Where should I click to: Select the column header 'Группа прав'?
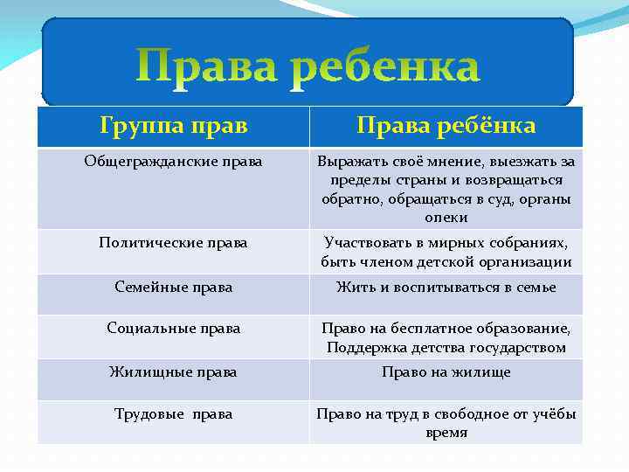[173, 126]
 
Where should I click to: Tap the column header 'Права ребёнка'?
[446, 126]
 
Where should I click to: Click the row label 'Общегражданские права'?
[173, 162]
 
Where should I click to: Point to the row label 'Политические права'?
[173, 242]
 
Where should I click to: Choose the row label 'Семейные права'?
[173, 286]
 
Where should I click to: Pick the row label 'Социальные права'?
[173, 328]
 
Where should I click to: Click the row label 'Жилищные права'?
[173, 371]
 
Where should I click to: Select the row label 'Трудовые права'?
[173, 413]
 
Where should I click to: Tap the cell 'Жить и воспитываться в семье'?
[446, 286]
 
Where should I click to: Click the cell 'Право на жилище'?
[446, 371]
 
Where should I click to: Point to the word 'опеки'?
[446, 218]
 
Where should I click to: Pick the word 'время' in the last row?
[446, 433]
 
